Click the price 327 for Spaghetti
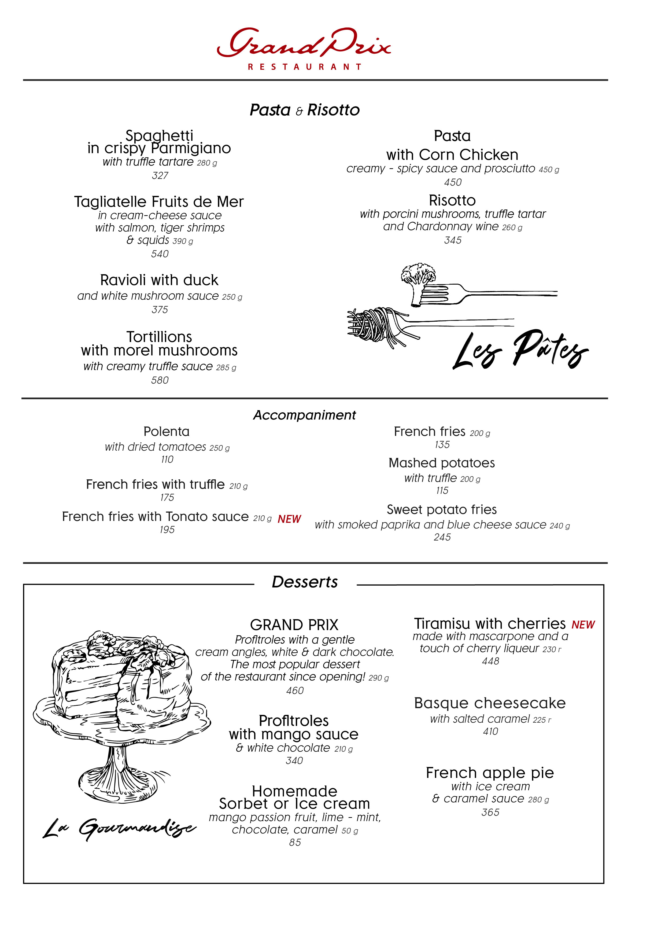(x=160, y=175)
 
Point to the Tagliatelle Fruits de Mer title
(x=159, y=202)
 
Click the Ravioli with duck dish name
(x=159, y=280)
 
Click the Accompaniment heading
(x=304, y=415)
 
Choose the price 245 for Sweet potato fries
(x=442, y=537)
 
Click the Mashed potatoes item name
(x=442, y=463)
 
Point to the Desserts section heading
(x=305, y=582)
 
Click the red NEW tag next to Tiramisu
(x=583, y=625)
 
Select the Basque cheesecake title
(x=490, y=704)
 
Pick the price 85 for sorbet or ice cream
(x=295, y=843)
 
